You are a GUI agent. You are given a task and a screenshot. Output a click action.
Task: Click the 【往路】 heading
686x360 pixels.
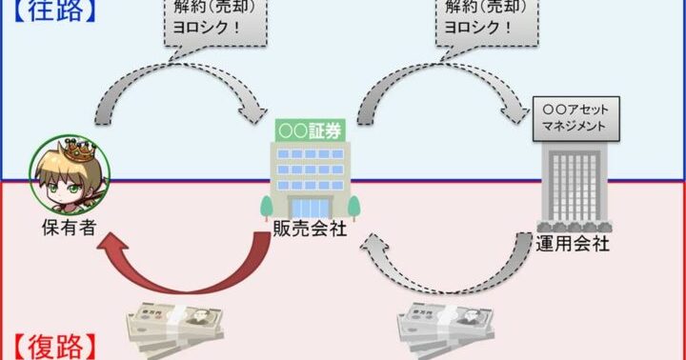54,10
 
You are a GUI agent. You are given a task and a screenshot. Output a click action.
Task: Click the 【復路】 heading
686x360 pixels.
54,348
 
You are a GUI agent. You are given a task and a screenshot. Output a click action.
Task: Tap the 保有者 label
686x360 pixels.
70,228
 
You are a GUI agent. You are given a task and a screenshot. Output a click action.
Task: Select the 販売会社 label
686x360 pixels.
310,229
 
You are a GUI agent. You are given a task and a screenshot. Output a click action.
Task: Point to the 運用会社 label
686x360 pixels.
573,244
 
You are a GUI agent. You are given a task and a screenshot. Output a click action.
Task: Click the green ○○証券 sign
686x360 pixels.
311,130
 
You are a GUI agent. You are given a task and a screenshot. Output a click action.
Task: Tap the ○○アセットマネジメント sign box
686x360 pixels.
575,118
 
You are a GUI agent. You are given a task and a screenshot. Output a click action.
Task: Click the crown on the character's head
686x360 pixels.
80,150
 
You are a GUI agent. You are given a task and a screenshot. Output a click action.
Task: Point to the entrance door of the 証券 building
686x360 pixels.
311,208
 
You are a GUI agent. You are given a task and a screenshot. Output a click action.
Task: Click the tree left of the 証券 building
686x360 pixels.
267,208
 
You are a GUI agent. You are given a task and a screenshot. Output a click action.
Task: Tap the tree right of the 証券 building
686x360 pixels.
353,208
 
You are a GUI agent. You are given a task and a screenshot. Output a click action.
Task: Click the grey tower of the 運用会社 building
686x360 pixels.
574,186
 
